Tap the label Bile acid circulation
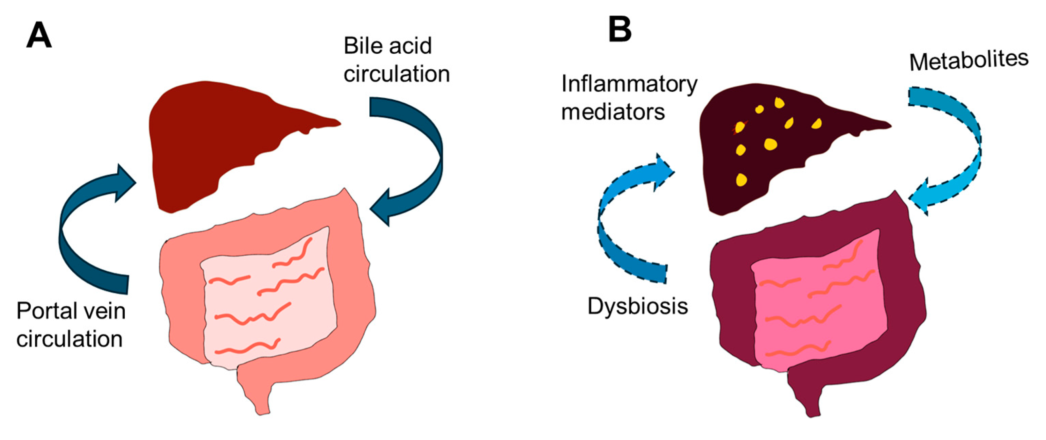(x=396, y=60)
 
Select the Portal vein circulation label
(x=71, y=325)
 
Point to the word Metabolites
(x=969, y=61)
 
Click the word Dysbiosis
(x=638, y=306)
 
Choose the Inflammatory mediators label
(x=629, y=98)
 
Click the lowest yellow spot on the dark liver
(x=742, y=179)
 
